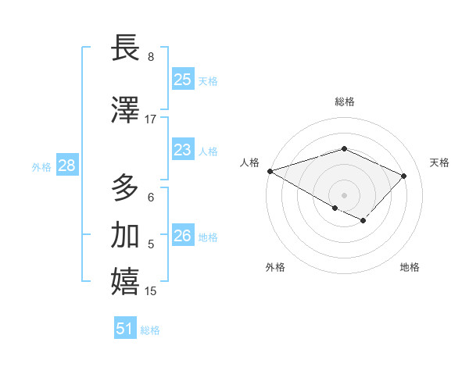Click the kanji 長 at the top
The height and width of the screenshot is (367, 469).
pos(126,48)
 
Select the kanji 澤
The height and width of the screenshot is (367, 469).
pos(126,110)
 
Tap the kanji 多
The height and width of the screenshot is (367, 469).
pos(126,188)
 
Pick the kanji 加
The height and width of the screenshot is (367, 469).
pos(126,235)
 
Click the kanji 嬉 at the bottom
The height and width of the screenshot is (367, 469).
pos(126,282)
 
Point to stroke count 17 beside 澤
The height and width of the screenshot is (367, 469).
pos(151,119)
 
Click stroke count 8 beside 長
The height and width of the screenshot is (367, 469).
pos(151,57)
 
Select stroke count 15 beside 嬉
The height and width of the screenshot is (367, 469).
pos(151,291)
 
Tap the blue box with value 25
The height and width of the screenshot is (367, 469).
pos(182,80)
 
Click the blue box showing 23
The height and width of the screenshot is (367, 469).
pos(182,150)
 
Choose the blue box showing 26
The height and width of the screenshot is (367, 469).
pos(182,236)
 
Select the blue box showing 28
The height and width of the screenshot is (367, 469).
pos(66,166)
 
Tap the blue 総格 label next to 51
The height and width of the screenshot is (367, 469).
pos(151,330)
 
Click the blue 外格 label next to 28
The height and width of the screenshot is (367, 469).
pos(41,166)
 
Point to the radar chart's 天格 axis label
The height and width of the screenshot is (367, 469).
pos(439,162)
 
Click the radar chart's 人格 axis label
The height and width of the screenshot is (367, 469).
pos(249,162)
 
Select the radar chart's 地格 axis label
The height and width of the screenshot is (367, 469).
pos(410,267)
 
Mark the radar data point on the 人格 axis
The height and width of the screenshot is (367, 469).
pos(270,171)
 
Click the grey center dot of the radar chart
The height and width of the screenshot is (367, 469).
pos(344,194)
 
